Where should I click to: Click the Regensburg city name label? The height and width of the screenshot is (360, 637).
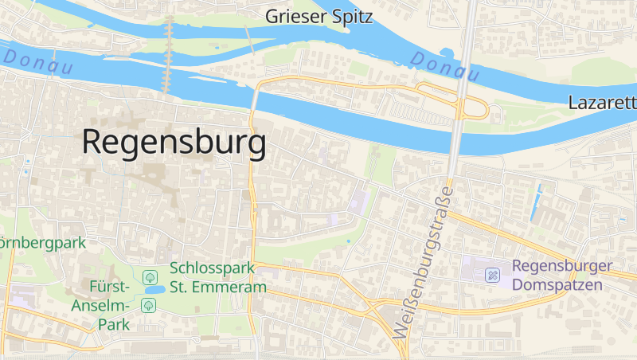pos(174,143)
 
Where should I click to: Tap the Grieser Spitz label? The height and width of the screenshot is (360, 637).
pos(318,16)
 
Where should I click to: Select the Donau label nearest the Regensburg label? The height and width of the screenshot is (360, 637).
pos(37,61)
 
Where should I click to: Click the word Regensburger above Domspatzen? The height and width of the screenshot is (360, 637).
pos(562,267)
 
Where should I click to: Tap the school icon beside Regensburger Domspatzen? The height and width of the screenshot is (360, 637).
pos(493,276)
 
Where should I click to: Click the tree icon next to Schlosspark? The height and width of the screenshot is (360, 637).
pos(148,276)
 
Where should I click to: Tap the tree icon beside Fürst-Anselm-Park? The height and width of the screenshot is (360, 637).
pos(148,305)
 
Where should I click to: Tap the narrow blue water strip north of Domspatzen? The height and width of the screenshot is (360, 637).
pos(536,202)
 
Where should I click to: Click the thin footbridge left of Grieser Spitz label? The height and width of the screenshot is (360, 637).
pos(248,38)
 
